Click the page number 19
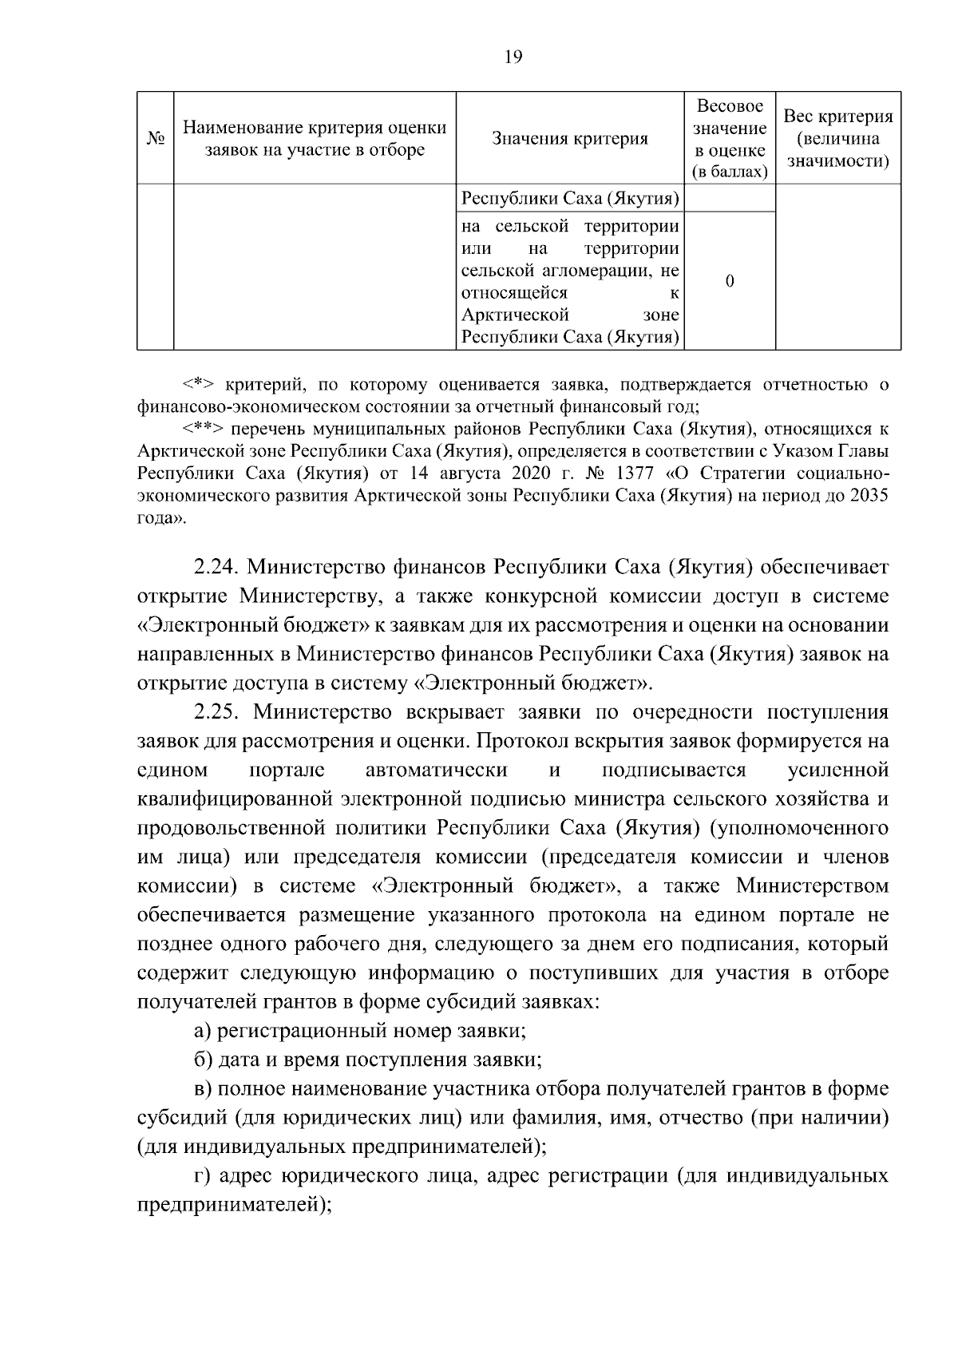(x=513, y=57)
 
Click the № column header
(x=156, y=138)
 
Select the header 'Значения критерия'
(x=570, y=139)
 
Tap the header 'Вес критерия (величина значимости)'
(x=837, y=139)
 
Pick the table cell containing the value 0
(x=730, y=281)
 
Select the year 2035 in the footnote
(x=869, y=496)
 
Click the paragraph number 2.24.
(x=216, y=567)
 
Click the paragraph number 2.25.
(x=216, y=711)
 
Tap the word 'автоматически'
(x=436, y=770)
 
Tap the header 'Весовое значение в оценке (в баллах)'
(x=730, y=139)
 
